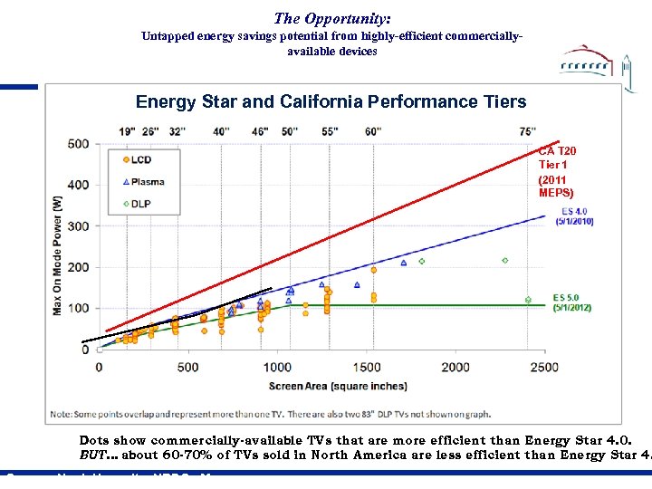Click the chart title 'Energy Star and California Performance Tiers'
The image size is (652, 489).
[331, 101]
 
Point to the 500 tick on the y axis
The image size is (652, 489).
[78, 144]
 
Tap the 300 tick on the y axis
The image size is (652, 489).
[78, 226]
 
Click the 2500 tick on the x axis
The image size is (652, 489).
[543, 367]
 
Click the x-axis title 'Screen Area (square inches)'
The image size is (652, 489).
[325, 387]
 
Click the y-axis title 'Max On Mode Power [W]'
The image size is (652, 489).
[57, 257]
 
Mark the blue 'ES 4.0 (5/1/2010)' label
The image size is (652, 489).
[574, 217]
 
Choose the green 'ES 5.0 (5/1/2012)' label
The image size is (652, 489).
[572, 302]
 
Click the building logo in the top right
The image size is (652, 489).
[593, 64]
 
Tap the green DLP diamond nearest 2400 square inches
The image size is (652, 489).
[528, 300]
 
